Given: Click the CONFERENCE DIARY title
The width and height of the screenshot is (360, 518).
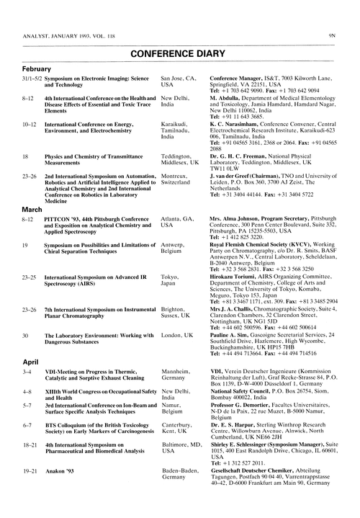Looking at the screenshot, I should tap(180, 54).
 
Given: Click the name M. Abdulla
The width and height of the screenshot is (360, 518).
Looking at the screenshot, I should tap(226, 97).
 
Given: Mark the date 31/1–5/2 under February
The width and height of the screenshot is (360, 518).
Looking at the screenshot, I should tap(32, 77).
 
